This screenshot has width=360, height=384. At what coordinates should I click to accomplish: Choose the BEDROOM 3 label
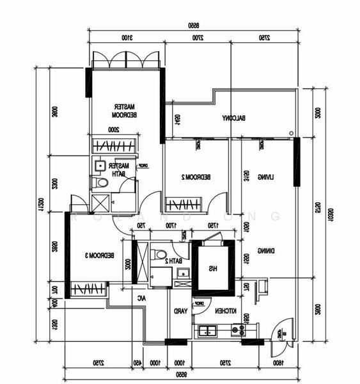pos(100,255)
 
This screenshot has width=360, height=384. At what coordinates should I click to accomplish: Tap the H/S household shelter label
pos(209,269)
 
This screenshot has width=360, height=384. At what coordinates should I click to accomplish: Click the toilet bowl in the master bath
pos(100,183)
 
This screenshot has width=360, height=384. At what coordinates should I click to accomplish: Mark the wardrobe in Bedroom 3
pos(88,289)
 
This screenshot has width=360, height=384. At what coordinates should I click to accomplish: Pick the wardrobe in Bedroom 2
pos(184,205)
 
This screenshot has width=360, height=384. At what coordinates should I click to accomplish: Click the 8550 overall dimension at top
pos(191,26)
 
